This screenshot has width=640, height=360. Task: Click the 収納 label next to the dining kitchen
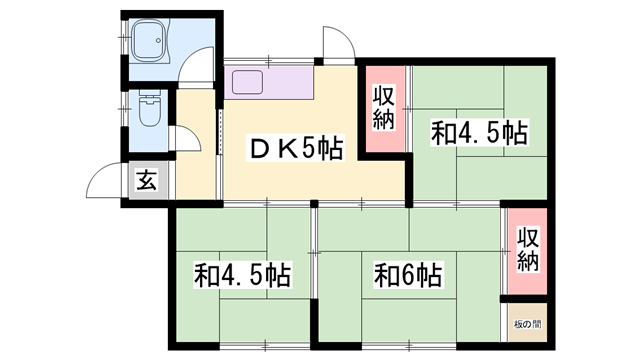[384, 108]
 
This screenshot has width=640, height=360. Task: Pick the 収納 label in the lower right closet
[527, 250]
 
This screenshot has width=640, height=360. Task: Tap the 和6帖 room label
[409, 273]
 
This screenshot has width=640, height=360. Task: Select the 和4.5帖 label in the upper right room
[479, 133]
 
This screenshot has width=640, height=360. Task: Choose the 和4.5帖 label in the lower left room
[243, 274]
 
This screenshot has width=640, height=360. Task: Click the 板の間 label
[527, 322]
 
